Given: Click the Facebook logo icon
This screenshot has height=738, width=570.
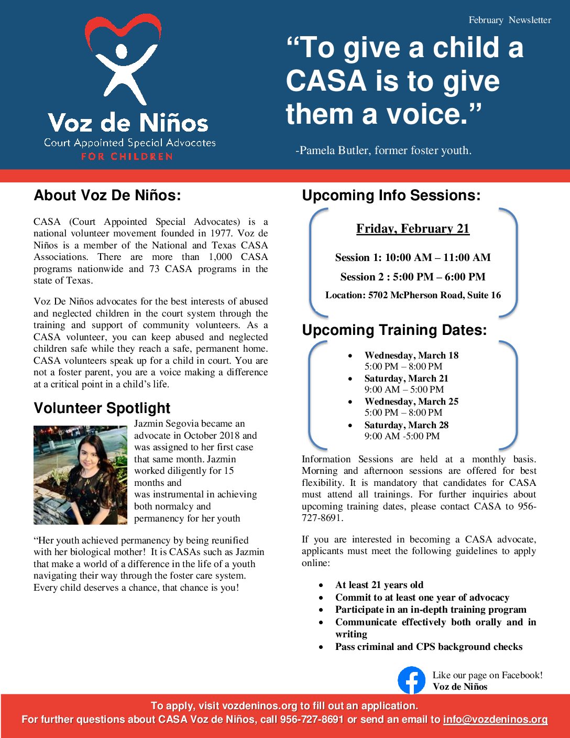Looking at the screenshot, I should click(411, 680).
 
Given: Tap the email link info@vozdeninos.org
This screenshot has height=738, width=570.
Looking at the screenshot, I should click(495, 719).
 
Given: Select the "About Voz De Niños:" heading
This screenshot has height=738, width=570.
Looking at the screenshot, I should click(107, 196).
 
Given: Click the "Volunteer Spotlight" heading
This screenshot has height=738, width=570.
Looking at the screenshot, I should click(102, 408).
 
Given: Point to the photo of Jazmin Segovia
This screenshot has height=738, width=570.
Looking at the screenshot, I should click(80, 475).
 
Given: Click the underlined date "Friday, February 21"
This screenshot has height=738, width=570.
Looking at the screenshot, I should click(413, 229).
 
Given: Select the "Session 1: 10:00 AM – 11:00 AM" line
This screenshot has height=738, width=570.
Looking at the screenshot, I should click(413, 257).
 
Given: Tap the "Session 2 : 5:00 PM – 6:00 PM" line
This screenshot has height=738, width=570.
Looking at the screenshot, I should click(413, 277).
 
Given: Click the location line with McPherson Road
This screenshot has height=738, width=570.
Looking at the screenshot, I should click(413, 295).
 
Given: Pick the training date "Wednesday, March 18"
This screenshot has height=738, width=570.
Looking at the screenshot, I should click(411, 355).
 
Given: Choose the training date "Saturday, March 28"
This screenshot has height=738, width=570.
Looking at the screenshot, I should click(407, 425).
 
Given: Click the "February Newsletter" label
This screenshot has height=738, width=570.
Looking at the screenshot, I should click(510, 20).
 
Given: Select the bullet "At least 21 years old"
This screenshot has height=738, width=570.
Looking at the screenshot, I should click(379, 585).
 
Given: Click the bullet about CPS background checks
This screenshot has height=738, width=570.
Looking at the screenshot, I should click(429, 647).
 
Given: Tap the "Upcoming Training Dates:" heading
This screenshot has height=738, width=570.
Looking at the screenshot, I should click(394, 330).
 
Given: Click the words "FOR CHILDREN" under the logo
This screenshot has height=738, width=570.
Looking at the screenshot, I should click(127, 156).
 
